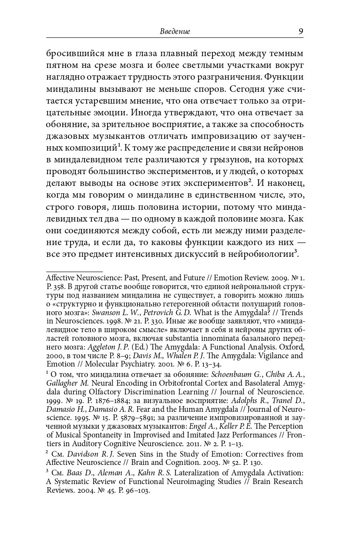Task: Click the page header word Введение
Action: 175,32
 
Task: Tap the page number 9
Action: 300,31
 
